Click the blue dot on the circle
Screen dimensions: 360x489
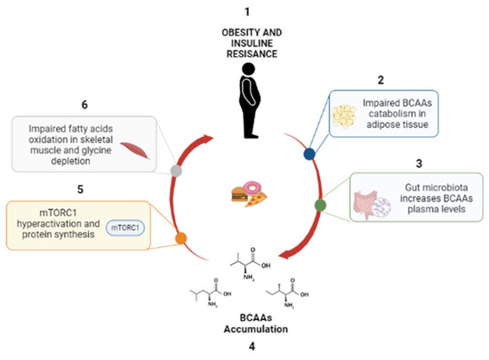[309, 153]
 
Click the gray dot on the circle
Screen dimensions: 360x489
[177, 169]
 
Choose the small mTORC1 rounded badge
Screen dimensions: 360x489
[127, 228]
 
